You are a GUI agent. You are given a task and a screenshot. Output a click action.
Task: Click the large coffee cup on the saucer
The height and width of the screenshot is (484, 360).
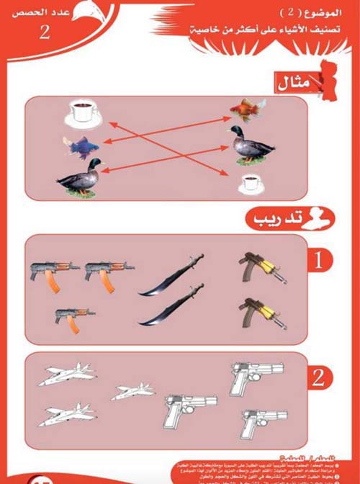84,112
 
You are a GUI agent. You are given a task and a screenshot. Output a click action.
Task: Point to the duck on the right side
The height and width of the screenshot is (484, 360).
250,145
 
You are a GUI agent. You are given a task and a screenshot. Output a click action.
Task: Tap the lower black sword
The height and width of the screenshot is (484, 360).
172,306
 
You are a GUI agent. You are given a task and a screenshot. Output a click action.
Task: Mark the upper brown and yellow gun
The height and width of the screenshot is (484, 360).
257,266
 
